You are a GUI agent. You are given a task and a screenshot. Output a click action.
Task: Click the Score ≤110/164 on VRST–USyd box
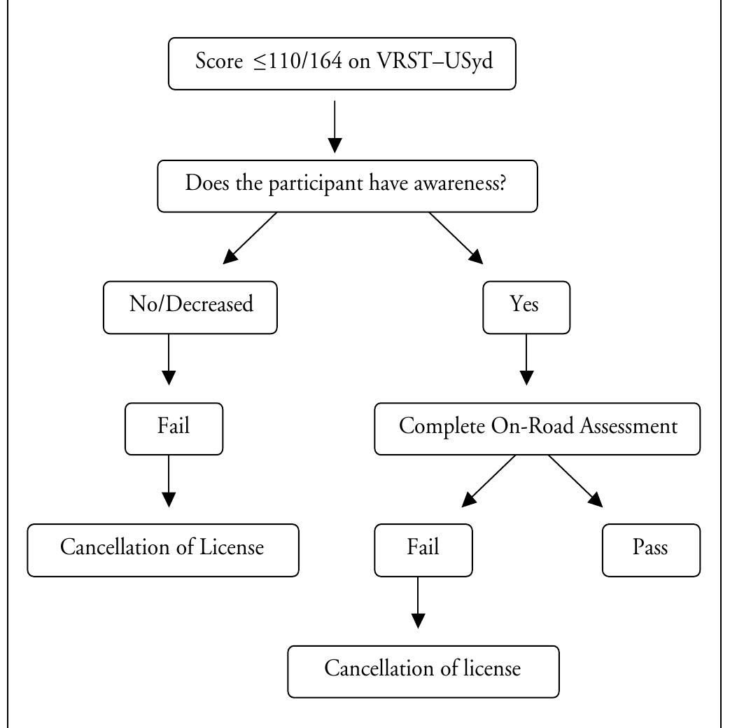pyautogui.click(x=342, y=64)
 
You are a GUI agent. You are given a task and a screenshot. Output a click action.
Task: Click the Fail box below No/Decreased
pyautogui.click(x=174, y=427)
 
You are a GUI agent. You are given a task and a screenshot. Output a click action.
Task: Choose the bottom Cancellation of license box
pyautogui.click(x=423, y=671)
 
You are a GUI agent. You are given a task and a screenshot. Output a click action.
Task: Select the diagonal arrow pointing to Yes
pyautogui.click(x=456, y=238)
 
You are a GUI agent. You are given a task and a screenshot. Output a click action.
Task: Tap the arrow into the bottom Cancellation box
pyautogui.click(x=418, y=603)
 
